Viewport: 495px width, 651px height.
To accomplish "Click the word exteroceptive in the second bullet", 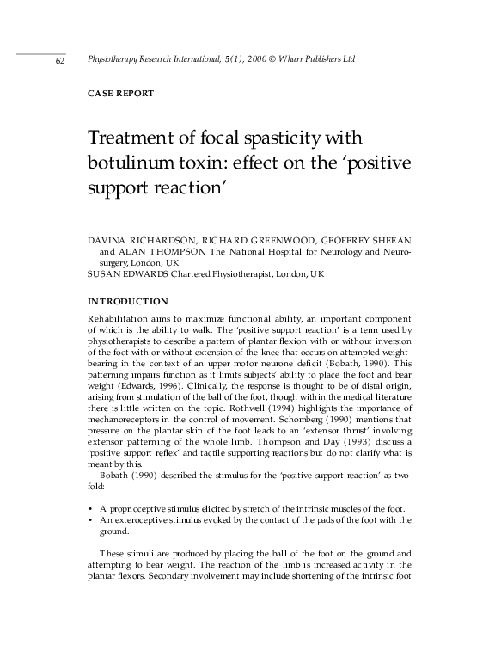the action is pos(147,519).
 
